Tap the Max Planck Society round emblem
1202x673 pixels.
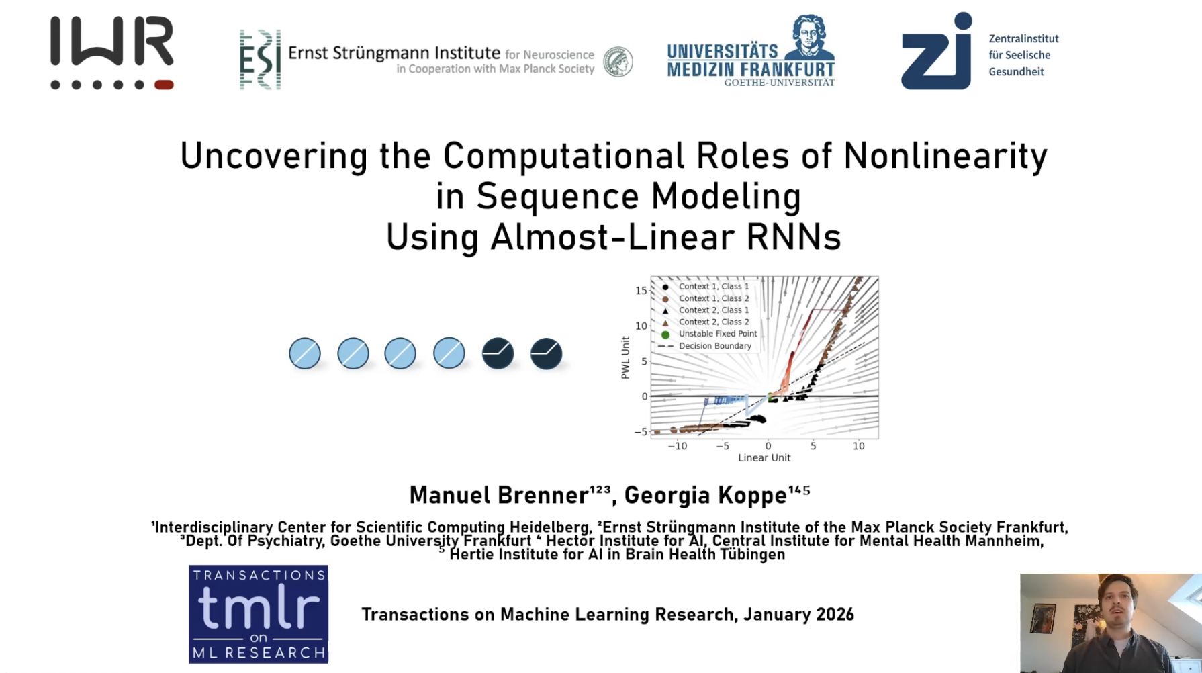coord(618,62)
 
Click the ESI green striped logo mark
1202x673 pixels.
coord(261,59)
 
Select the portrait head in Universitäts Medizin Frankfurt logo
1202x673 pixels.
coord(810,37)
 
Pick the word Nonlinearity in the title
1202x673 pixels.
coord(945,156)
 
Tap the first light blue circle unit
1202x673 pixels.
coord(305,353)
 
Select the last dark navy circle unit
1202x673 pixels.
coord(547,353)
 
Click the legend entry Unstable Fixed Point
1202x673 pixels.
coord(710,334)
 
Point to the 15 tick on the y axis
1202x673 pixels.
coord(641,291)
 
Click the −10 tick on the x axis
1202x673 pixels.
coord(677,446)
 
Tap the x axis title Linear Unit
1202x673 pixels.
coord(764,458)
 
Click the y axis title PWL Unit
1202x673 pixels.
coord(625,358)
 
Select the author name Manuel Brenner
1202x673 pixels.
coord(499,496)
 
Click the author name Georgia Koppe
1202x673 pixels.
coord(705,496)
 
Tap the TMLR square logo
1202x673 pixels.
coord(259,615)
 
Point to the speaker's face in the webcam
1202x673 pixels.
coord(1115,602)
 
